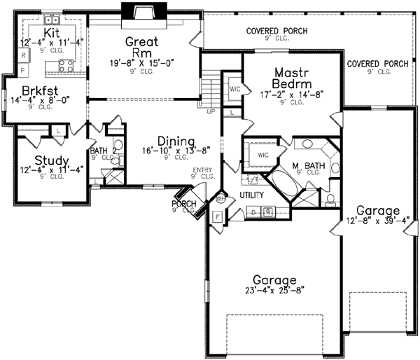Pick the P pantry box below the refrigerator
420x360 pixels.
23,70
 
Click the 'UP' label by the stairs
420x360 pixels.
211,110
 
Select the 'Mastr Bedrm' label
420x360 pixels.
288,76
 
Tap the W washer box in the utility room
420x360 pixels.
267,211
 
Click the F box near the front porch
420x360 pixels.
217,216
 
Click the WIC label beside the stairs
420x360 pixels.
233,88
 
